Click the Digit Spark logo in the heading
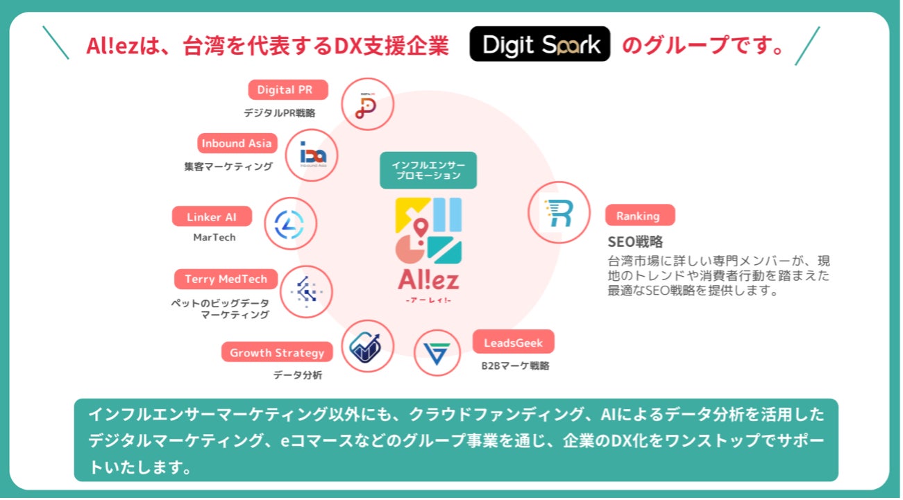[x=539, y=44]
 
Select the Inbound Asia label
[x=237, y=144]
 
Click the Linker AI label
[x=212, y=217]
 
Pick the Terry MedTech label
[x=226, y=279]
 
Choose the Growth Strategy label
[x=277, y=352]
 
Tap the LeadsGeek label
[x=513, y=342]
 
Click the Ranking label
[x=638, y=216]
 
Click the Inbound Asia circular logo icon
[x=312, y=155]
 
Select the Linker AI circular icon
[x=290, y=224]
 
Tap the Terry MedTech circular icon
[x=306, y=292]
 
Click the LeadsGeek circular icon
[x=437, y=352]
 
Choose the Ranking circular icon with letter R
[x=559, y=213]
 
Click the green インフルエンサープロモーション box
[x=428, y=171]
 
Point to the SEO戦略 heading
[x=635, y=242]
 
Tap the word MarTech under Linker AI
[x=214, y=237]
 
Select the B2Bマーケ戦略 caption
[x=515, y=365]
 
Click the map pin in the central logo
[x=420, y=226]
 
